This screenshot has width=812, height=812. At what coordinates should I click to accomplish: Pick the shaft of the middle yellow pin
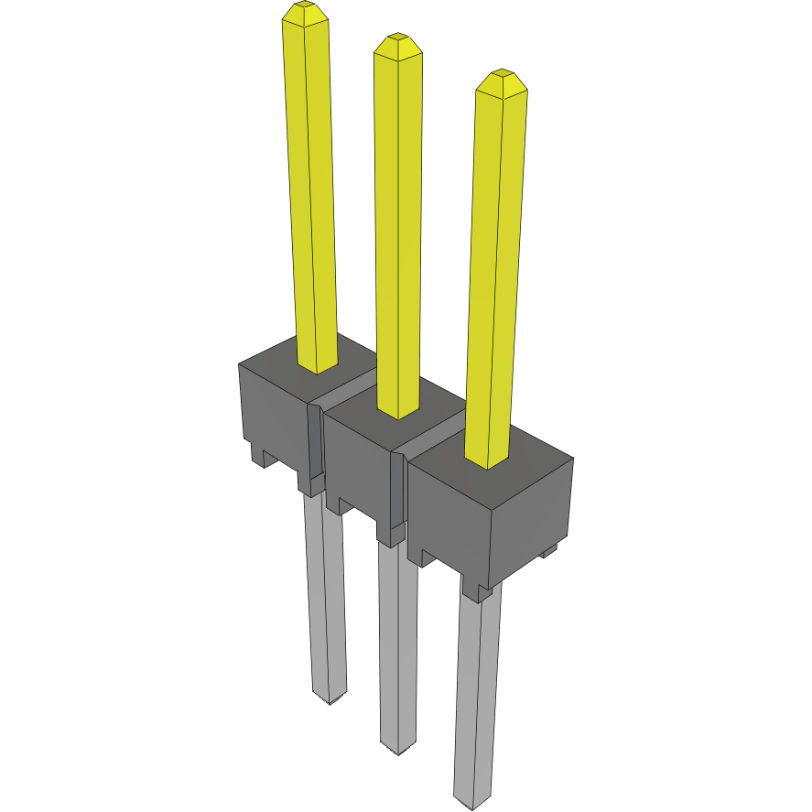tap(398, 229)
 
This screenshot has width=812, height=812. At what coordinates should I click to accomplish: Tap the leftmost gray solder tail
tap(324, 595)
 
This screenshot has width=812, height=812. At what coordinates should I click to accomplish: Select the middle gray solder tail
tap(398, 641)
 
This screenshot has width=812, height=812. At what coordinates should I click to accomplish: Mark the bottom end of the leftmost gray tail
tap(330, 698)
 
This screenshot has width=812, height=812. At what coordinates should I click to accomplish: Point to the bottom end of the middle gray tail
tap(398, 748)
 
